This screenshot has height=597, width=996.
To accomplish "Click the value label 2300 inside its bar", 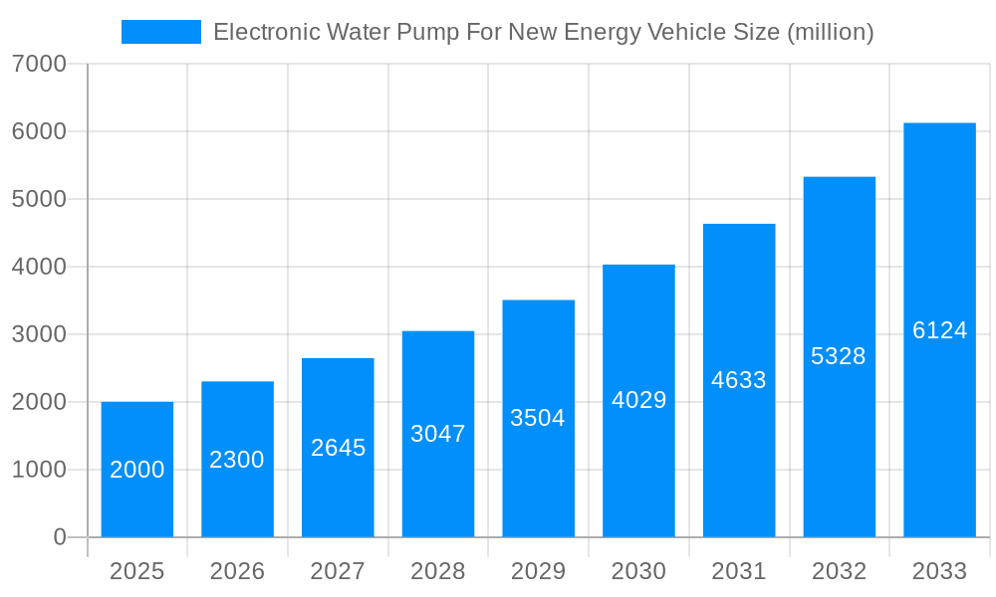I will (237, 460).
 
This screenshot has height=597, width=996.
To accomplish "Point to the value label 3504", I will (538, 418).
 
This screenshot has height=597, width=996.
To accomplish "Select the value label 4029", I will (638, 400).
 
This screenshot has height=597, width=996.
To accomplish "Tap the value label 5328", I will (839, 356).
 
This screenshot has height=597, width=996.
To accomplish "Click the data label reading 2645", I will (338, 448).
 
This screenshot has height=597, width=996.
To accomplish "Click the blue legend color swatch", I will (160, 32).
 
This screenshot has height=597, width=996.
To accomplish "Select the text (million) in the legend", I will (831, 32).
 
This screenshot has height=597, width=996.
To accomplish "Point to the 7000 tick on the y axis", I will (39, 64).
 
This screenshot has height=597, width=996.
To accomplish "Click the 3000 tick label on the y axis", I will (39, 334).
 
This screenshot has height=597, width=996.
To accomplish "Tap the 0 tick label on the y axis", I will (59, 537).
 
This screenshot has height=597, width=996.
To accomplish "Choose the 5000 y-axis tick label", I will (39, 199).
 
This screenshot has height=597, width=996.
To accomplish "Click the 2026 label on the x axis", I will (237, 571).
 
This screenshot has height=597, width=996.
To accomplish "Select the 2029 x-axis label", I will (538, 571).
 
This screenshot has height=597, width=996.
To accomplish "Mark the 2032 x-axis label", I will (839, 571).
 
